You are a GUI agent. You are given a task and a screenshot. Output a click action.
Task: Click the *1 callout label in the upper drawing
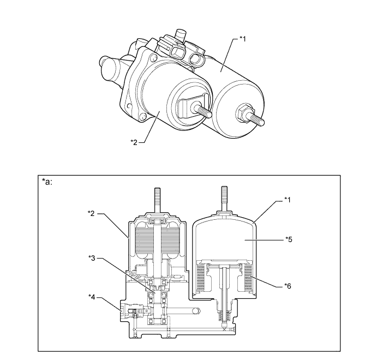click(243, 39)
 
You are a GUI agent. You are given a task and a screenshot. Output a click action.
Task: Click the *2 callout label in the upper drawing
click(134, 142)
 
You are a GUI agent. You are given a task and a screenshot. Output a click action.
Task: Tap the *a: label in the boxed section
click(47, 182)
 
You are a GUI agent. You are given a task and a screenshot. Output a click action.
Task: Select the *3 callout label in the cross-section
click(92, 258)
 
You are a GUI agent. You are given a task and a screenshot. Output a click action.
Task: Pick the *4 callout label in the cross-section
click(92, 297)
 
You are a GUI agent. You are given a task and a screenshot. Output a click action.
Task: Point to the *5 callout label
click(289, 239)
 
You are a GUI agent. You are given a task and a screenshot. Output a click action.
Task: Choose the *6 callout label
click(288, 286)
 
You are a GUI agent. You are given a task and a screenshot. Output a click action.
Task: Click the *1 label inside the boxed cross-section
click(288, 200)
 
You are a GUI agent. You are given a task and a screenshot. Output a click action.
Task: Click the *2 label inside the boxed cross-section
click(91, 213)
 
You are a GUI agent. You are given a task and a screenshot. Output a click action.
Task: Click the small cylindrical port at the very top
click(181, 35)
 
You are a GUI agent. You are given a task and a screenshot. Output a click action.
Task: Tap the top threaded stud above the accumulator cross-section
click(224, 199)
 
